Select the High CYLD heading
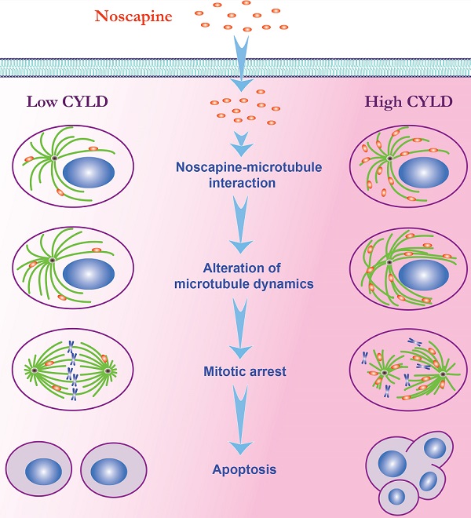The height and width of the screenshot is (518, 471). [x=403, y=101]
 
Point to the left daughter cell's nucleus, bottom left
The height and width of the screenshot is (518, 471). [x=38, y=472]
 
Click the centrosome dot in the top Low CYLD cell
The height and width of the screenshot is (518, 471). [x=54, y=159]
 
